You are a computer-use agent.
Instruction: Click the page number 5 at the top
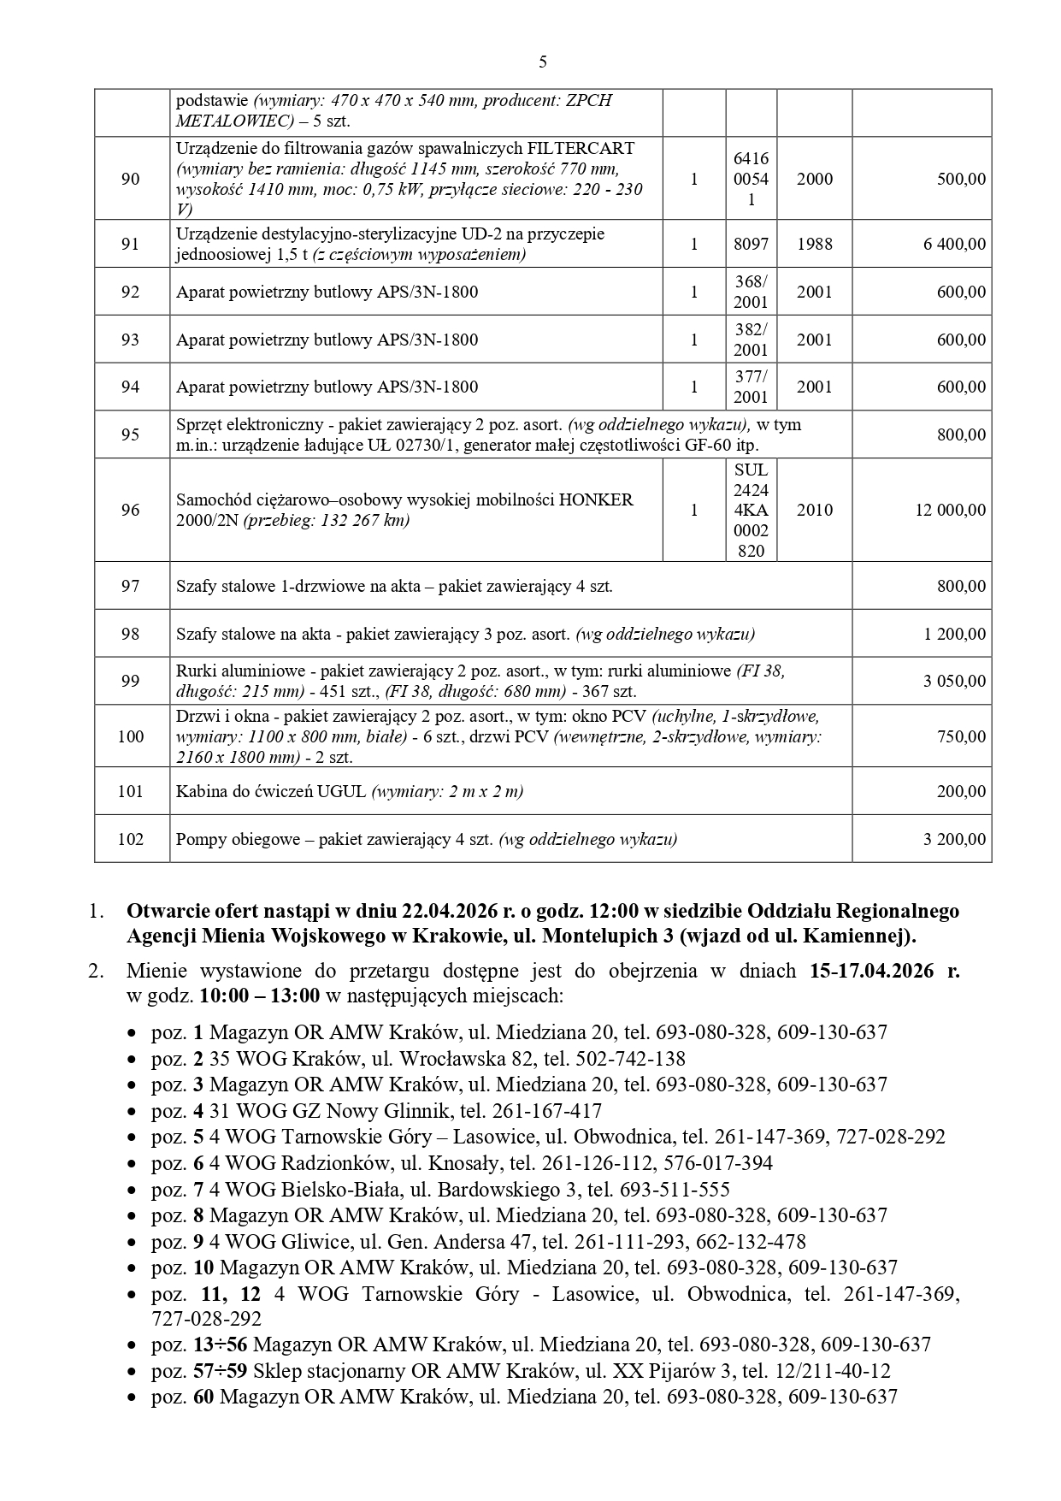click(543, 62)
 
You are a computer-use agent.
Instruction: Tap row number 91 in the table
click(130, 245)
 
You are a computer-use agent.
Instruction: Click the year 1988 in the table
click(814, 245)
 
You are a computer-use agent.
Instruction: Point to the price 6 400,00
click(954, 245)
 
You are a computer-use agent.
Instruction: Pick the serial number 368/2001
click(751, 292)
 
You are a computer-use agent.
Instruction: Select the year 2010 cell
click(814, 511)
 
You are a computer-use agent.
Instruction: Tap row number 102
click(130, 839)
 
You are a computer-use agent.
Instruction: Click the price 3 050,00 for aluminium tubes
click(954, 682)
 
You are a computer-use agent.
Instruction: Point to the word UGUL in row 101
click(344, 792)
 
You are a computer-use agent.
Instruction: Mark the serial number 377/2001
click(751, 387)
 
